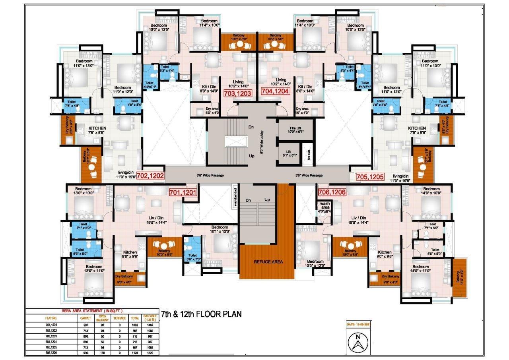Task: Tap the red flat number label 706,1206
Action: [332, 192]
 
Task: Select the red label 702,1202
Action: [151, 176]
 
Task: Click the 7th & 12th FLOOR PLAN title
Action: [201, 314]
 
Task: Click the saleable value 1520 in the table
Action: [150, 352]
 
